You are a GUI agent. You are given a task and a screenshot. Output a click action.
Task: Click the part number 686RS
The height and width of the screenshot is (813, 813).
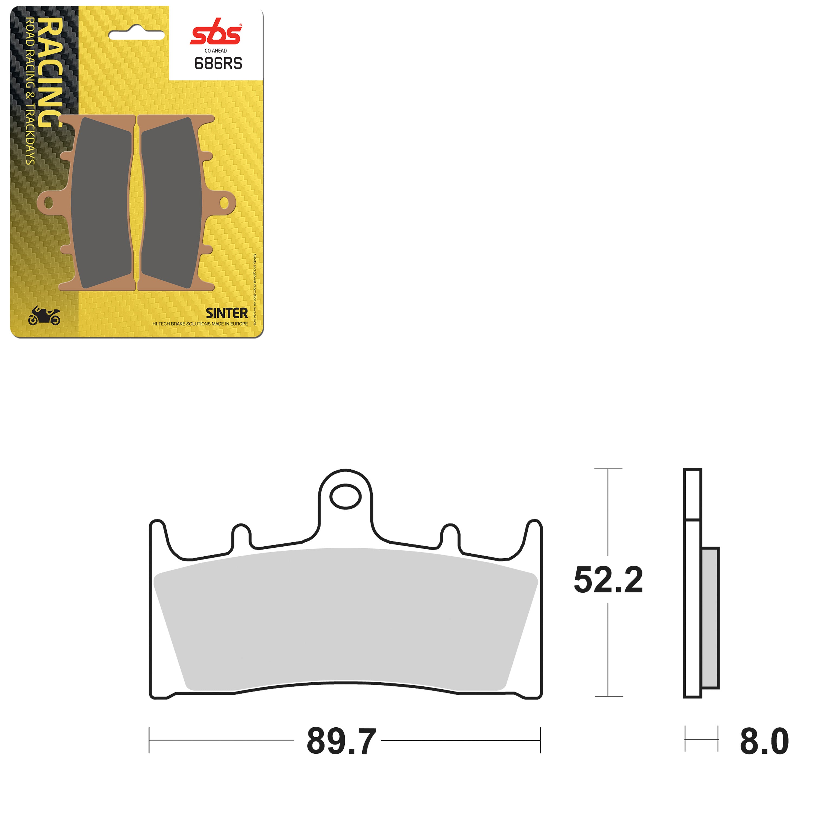tap(218, 63)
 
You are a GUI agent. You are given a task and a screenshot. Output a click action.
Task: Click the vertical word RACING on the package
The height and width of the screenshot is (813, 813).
tap(50, 72)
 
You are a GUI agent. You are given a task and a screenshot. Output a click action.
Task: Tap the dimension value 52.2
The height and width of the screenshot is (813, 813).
tap(608, 580)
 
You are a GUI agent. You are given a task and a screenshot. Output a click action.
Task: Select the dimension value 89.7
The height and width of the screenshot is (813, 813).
tap(341, 741)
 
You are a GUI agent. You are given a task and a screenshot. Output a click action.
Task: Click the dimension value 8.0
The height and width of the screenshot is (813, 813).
tap(764, 741)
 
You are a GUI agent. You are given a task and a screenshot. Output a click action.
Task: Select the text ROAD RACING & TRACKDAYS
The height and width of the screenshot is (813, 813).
tap(30, 91)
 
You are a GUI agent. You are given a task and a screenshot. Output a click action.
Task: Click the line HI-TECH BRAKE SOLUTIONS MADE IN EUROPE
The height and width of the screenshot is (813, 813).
tap(200, 324)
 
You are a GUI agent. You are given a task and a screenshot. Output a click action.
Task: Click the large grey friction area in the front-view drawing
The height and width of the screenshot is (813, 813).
tap(345, 619)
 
